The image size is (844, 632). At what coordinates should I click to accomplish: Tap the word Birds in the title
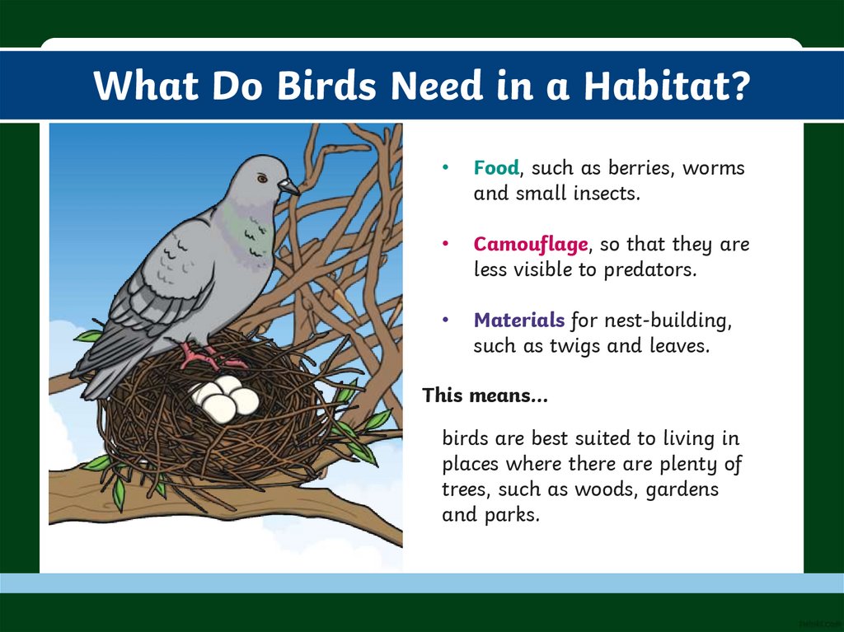click(326, 85)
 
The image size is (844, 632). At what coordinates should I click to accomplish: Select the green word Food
click(496, 168)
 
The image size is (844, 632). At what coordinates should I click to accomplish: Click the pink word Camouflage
click(531, 245)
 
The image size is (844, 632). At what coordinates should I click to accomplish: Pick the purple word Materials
click(519, 321)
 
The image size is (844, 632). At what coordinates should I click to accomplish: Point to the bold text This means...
click(485, 396)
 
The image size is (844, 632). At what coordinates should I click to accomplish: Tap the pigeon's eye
click(261, 178)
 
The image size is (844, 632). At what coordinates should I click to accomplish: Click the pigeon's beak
click(289, 187)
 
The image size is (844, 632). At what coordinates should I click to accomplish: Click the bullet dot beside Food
click(445, 167)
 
